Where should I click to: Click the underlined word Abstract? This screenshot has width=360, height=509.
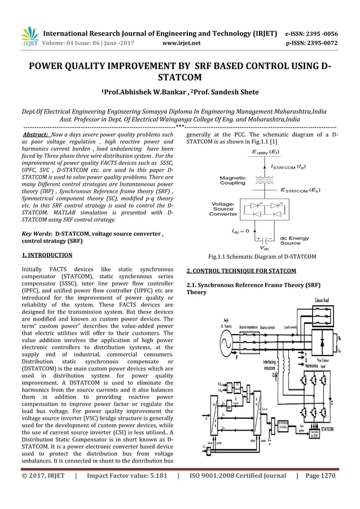click(34, 136)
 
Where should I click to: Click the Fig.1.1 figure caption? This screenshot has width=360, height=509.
click(262, 257)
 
